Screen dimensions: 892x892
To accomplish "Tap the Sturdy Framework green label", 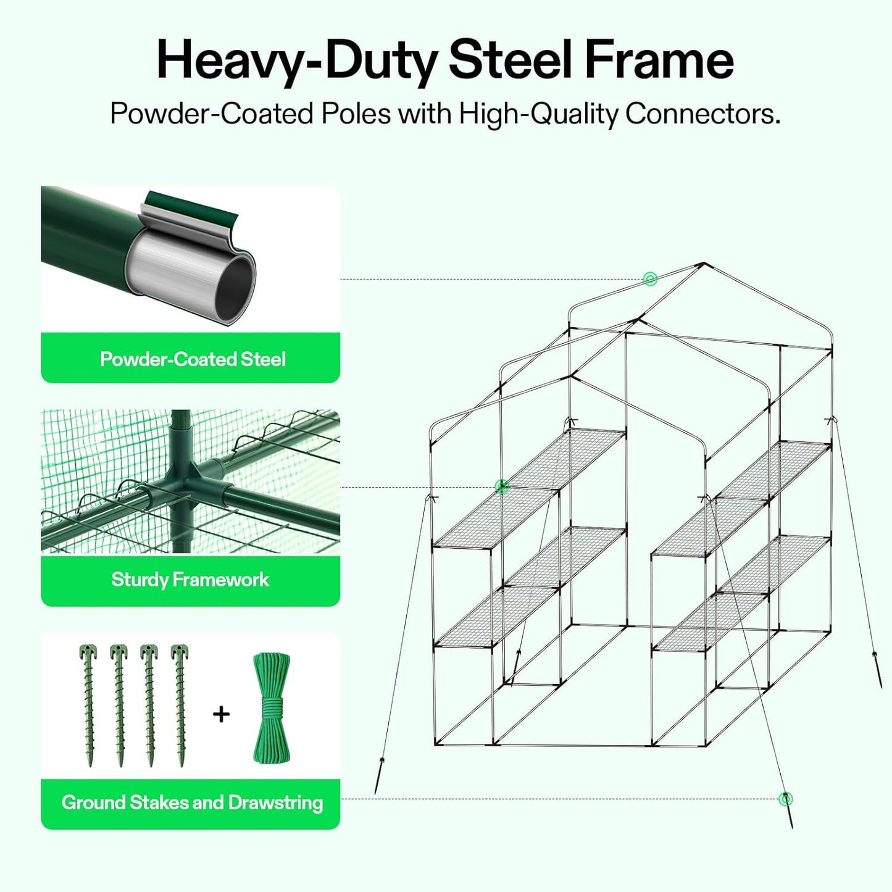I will click(x=190, y=580).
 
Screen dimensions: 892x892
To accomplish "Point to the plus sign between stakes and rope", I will click(x=221, y=714).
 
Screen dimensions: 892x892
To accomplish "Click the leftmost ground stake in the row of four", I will click(x=88, y=705).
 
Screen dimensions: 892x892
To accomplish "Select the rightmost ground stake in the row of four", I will click(x=179, y=705).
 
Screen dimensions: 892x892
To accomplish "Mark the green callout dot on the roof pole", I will click(x=649, y=279).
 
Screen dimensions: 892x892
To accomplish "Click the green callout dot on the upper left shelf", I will click(x=502, y=487).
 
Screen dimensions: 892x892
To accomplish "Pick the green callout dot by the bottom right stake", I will click(x=785, y=799).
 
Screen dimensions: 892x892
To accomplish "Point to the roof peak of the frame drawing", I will click(x=703, y=264).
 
